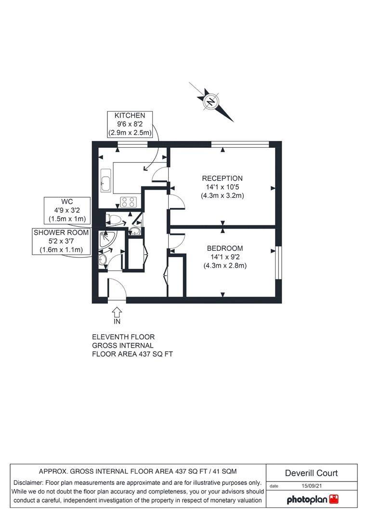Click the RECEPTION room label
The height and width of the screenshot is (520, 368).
[x=223, y=179]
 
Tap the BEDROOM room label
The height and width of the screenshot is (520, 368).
[x=225, y=248]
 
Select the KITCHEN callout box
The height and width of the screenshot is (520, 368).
[x=130, y=124]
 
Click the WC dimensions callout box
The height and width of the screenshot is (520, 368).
[x=67, y=210]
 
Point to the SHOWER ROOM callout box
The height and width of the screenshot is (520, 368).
[x=61, y=241]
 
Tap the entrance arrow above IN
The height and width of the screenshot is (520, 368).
[x=117, y=312]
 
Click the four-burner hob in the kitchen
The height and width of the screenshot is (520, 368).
[x=128, y=202]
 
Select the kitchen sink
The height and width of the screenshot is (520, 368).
[x=106, y=180]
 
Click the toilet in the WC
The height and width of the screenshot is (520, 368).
[x=114, y=219]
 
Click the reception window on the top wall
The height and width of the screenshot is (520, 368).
[x=240, y=144]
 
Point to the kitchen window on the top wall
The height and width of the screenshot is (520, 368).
[x=133, y=144]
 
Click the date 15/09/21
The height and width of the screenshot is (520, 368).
[x=312, y=486]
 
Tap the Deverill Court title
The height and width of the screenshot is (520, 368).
[x=311, y=473]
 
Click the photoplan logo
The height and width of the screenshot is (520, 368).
[x=312, y=499]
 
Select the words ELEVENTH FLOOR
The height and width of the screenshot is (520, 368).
[x=123, y=337]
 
